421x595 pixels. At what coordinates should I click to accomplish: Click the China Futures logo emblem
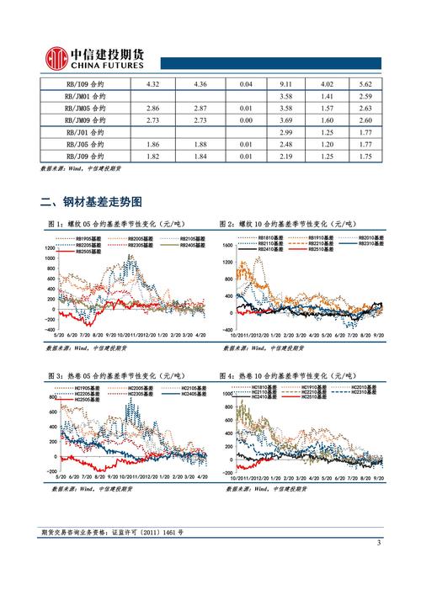pyautogui.click(x=56, y=57)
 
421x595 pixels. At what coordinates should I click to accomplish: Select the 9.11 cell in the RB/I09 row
pyautogui.click(x=285, y=84)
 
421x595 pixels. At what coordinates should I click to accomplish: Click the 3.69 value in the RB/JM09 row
pyautogui.click(x=285, y=120)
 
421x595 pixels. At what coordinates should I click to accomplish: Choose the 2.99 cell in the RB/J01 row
pyautogui.click(x=285, y=133)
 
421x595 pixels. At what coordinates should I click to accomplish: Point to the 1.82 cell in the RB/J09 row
pyautogui.click(x=153, y=157)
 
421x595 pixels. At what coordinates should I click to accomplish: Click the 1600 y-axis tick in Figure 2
pyautogui.click(x=225, y=245)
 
